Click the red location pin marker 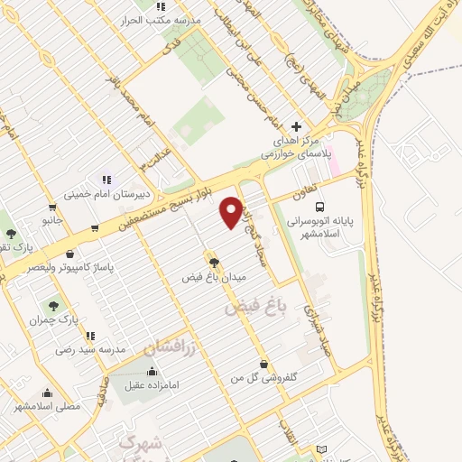(x=231, y=211)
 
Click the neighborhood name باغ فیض (x=254, y=308)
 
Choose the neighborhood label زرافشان (x=169, y=346)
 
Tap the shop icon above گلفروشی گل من (x=263, y=363)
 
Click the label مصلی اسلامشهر (x=47, y=406)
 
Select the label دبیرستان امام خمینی (x=106, y=193)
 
